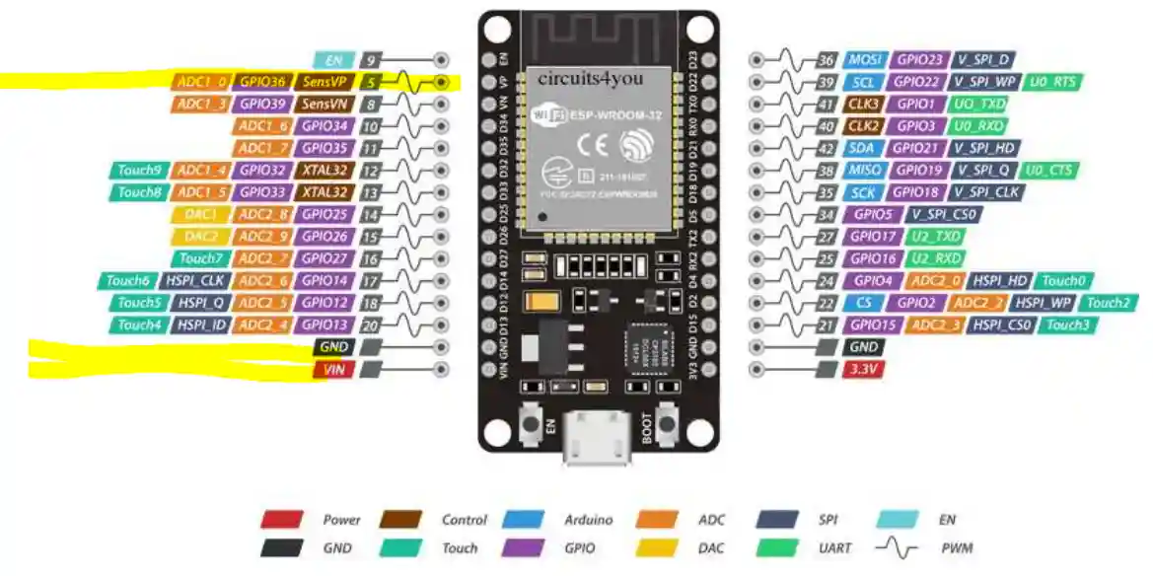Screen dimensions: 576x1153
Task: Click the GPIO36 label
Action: [262, 82]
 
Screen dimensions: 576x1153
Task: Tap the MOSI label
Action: [864, 60]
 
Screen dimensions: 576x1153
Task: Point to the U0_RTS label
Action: [1053, 82]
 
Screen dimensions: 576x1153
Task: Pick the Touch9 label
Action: [139, 170]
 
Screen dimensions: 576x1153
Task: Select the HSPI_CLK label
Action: [195, 281]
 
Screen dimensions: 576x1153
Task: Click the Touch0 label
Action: [1062, 281]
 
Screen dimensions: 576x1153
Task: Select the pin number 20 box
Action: [371, 324]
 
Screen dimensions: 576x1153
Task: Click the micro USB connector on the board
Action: [596, 441]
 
